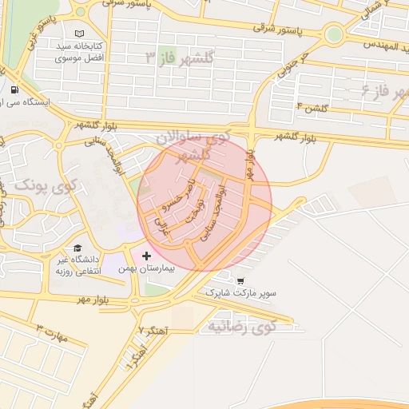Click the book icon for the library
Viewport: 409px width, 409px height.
pos(78,34)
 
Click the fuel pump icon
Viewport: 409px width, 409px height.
pos(16,89)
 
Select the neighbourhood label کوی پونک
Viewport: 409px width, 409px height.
pos(43,189)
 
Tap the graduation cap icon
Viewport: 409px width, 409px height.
pos(78,248)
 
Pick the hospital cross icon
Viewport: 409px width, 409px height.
pos(146,256)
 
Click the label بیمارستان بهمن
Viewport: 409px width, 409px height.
pos(149,269)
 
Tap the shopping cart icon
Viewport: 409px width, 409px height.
pos(240,281)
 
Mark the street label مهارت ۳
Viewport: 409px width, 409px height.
pos(53,333)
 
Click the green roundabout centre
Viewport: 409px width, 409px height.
pos(334,34)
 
